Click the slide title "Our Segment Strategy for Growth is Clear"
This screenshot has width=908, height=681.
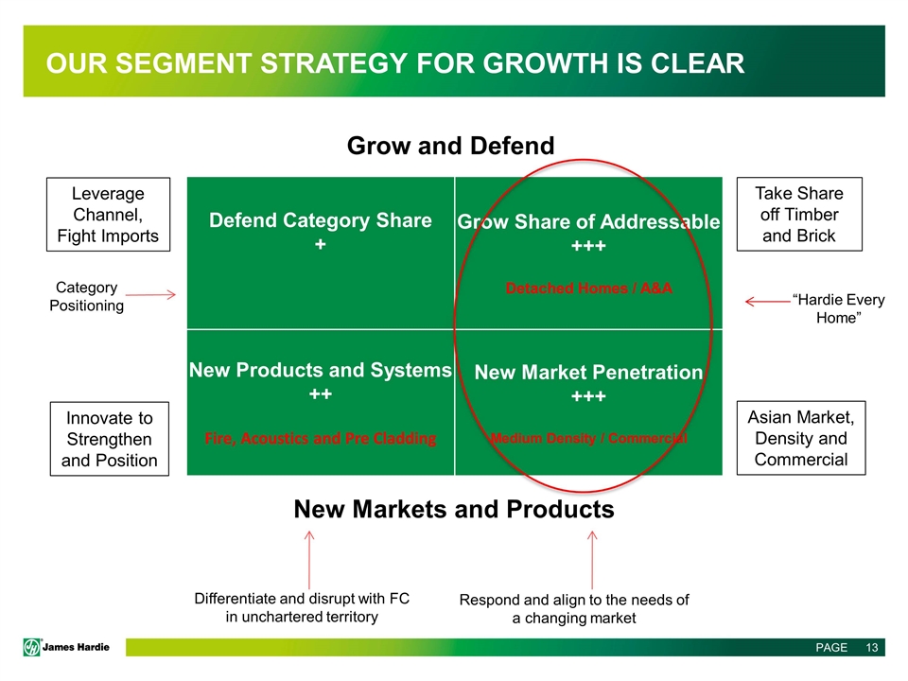click(395, 63)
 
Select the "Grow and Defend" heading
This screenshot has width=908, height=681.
click(450, 146)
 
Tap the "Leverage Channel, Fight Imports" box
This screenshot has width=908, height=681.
click(108, 215)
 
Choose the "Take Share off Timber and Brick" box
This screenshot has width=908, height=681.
click(799, 214)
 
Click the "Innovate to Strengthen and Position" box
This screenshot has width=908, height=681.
click(110, 439)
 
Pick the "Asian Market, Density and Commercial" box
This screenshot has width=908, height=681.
click(801, 438)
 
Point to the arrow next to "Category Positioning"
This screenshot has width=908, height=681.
click(150, 295)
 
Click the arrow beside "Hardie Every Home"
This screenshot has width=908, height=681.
click(768, 301)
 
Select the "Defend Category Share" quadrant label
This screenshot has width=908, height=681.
click(321, 220)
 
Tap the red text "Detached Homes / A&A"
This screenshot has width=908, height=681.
click(589, 288)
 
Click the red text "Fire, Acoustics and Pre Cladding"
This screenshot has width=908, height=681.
click(321, 438)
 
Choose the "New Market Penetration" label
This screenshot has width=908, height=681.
click(588, 372)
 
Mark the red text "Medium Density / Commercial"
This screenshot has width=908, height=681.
click(588, 438)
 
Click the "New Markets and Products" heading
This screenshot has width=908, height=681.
click(454, 509)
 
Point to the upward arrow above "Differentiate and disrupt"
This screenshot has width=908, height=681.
click(309, 560)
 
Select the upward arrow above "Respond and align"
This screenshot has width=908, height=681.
click(592, 560)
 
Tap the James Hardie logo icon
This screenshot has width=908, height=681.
click(32, 647)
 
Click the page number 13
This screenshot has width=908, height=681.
click(872, 647)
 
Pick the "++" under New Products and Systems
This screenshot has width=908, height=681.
click(321, 394)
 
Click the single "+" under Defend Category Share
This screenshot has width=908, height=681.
click(321, 244)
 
